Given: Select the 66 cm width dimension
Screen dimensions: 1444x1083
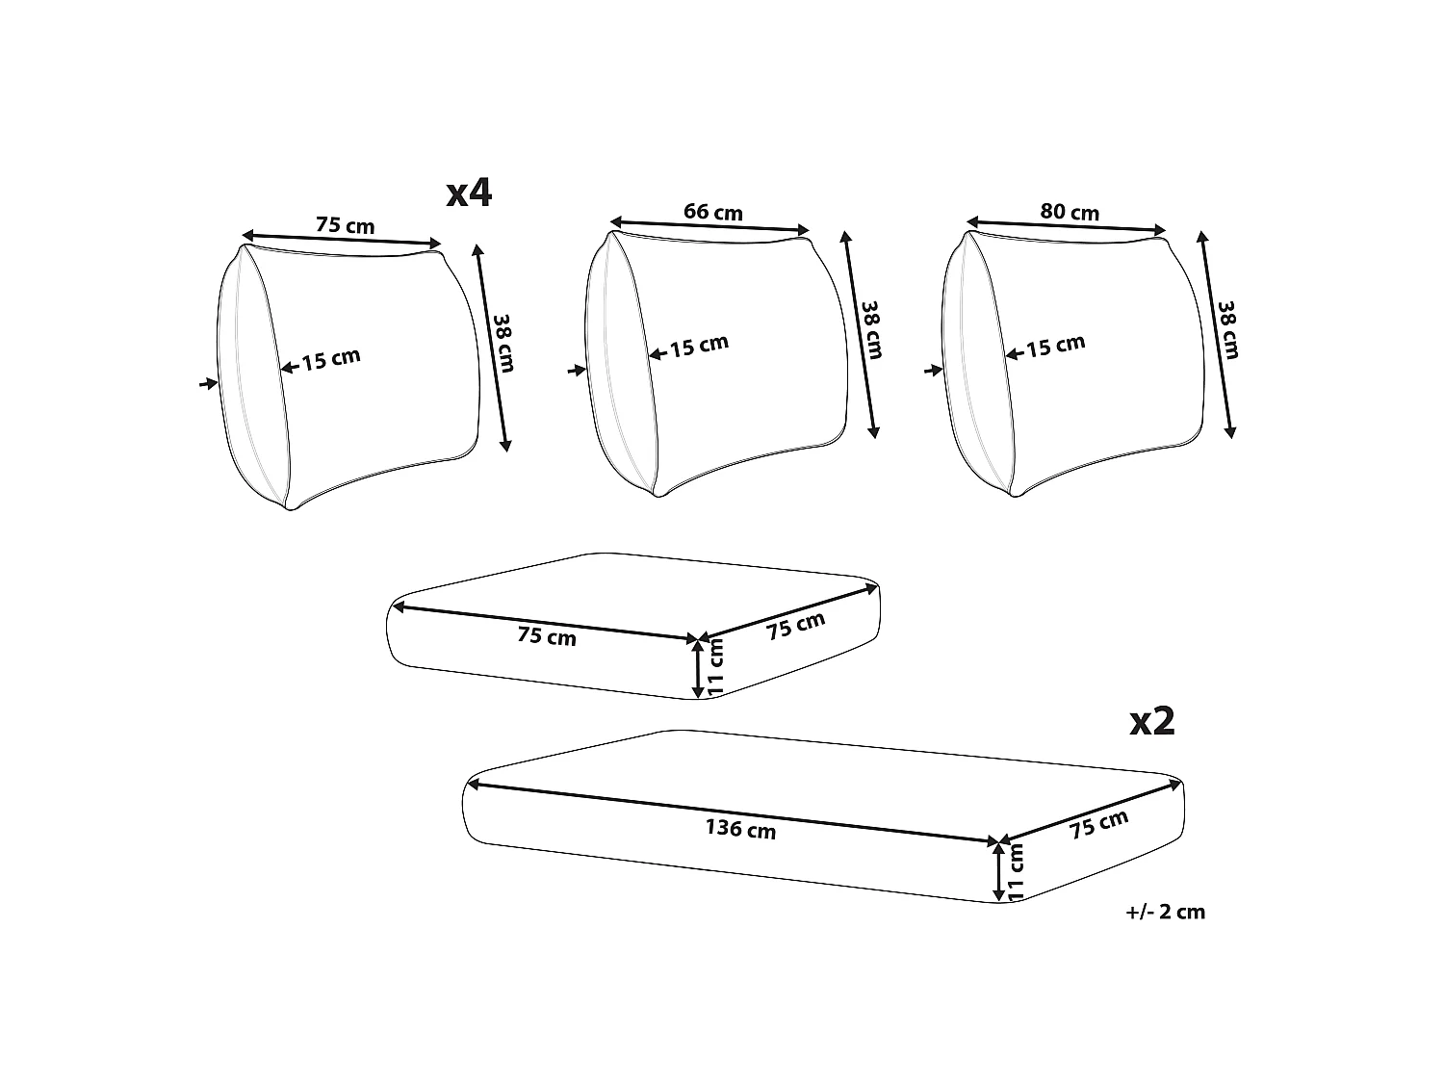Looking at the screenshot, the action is tap(713, 212).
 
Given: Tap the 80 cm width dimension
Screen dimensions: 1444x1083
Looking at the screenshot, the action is tap(1070, 212).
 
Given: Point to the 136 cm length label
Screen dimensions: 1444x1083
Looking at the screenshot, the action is tap(740, 829).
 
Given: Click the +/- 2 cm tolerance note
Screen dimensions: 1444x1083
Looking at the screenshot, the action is tap(1165, 912).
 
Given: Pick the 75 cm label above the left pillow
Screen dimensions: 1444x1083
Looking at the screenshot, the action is tap(346, 225).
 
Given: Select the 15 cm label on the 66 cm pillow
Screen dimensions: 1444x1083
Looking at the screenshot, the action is tap(699, 346).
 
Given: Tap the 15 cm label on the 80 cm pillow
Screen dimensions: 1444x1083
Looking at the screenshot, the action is tap(1056, 346).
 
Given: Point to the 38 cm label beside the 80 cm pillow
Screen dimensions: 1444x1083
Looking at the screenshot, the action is tap(1228, 330).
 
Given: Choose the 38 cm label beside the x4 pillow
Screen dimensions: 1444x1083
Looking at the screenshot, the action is tap(503, 344).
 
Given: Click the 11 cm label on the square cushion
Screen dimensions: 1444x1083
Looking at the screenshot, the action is tap(715, 667).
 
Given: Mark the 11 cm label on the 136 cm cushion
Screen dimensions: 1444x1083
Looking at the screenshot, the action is tap(1016, 872).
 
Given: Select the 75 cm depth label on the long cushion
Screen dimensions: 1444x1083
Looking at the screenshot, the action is tap(1098, 824).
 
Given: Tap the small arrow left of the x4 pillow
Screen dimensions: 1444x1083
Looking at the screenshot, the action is tap(209, 383).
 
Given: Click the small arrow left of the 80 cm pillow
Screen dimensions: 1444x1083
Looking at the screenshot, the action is tap(934, 371).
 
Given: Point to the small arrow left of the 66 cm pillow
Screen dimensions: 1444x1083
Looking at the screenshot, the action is tap(577, 371).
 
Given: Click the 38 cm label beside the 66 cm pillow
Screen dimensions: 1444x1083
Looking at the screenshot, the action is tap(871, 330).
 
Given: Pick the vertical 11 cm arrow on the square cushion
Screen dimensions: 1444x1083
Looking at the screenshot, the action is tap(698, 668).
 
